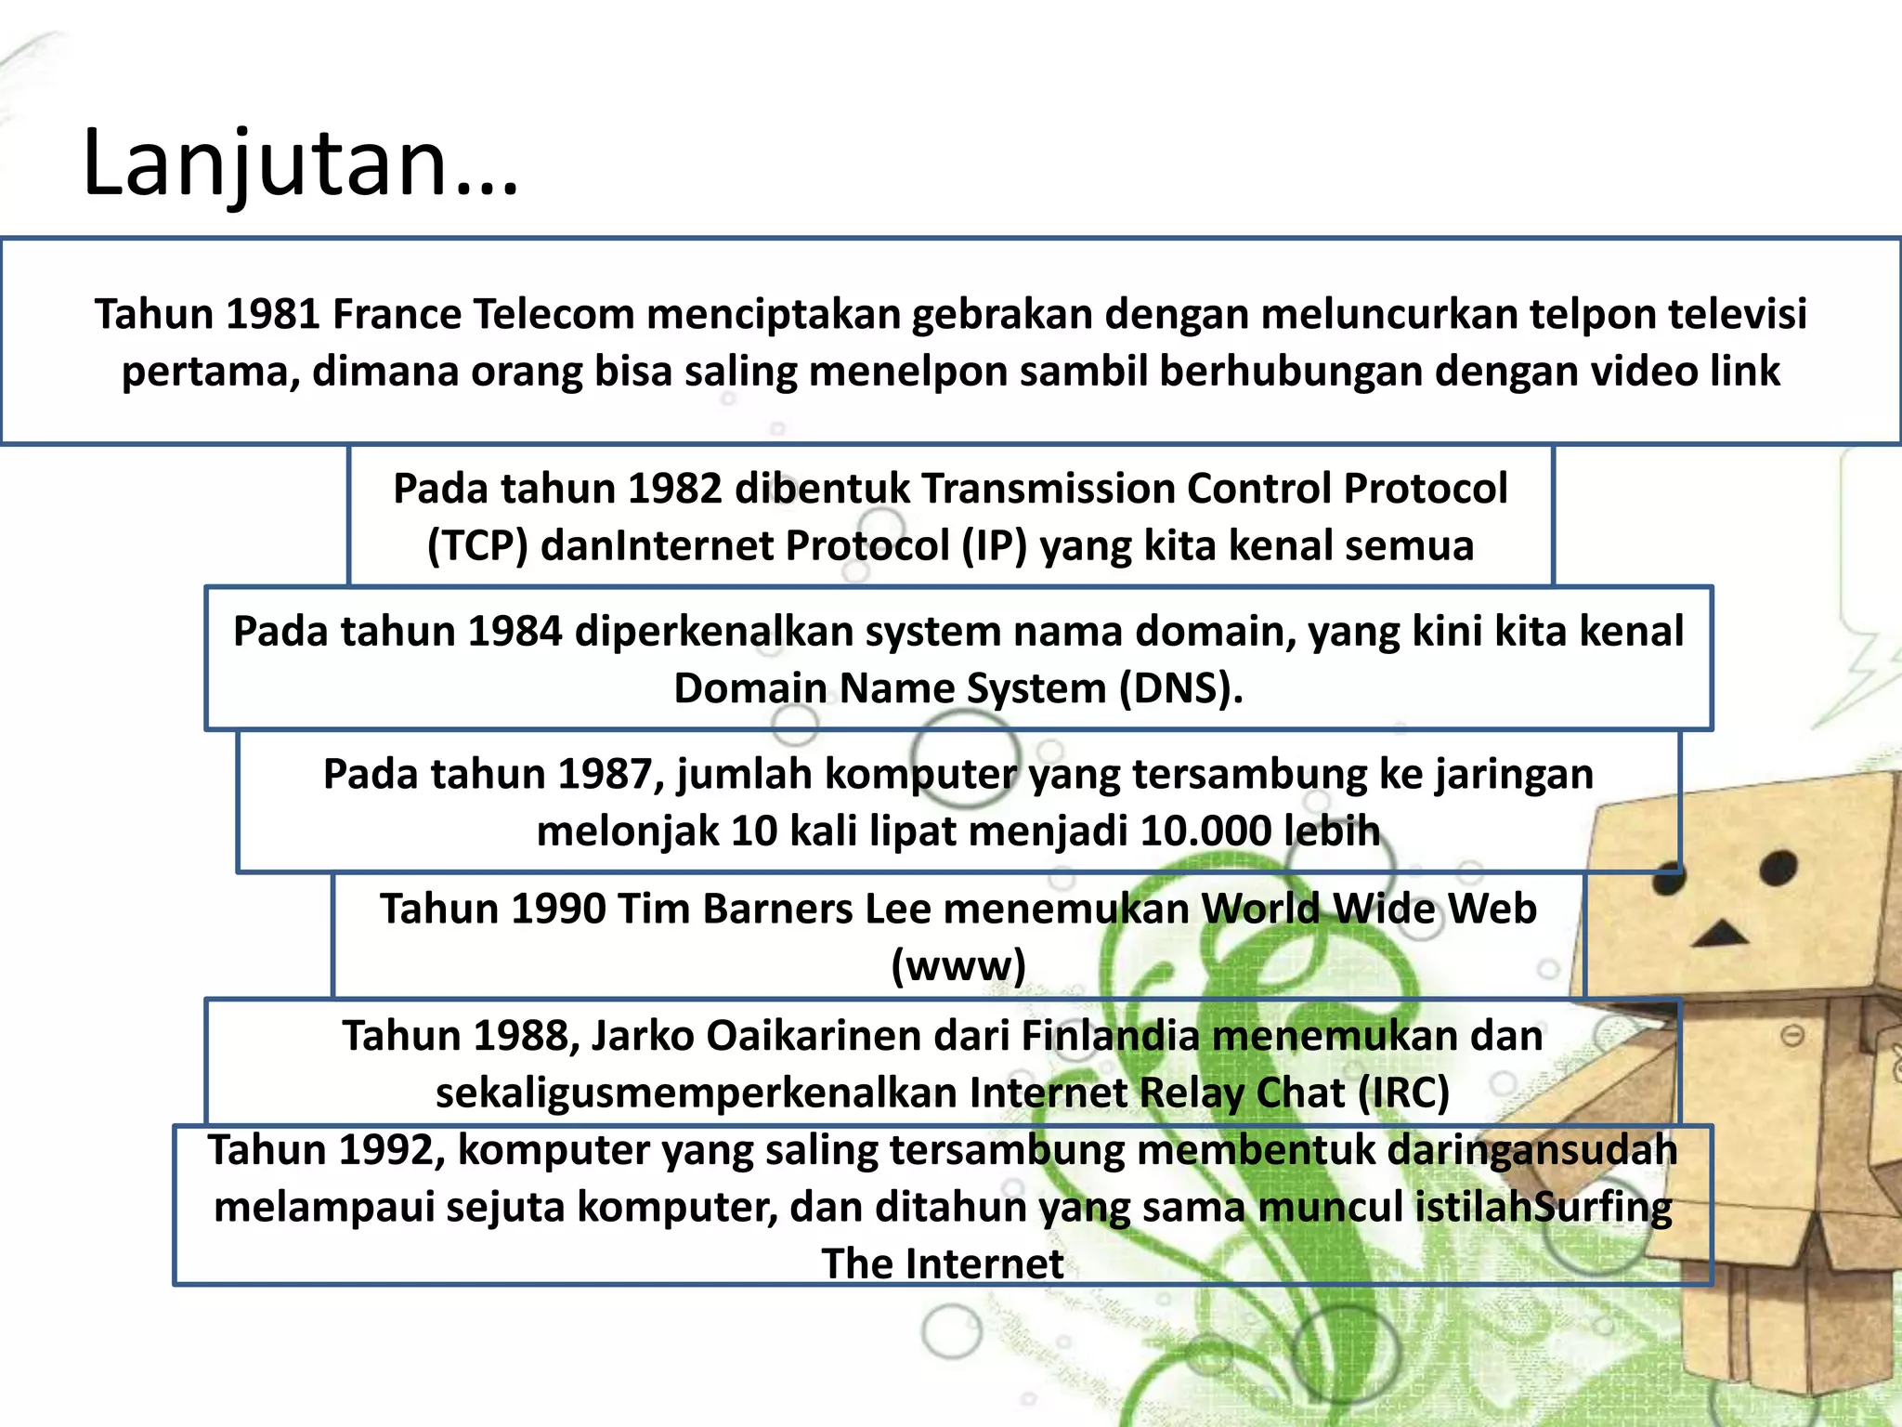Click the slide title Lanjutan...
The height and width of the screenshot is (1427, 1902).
[299, 164]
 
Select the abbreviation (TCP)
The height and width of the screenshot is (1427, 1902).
[477, 546]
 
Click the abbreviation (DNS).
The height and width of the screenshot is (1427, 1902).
[1180, 688]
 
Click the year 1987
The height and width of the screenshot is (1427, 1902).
[604, 774]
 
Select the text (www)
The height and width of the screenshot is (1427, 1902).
[958, 965]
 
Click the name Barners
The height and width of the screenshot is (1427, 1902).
[778, 909]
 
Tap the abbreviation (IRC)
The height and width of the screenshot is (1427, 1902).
[1403, 1093]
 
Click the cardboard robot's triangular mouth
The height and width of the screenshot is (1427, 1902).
[1720, 933]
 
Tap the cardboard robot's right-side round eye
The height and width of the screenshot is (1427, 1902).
[1778, 869]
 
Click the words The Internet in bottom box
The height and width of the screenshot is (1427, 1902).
[942, 1263]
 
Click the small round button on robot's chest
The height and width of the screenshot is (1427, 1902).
[1791, 1035]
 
